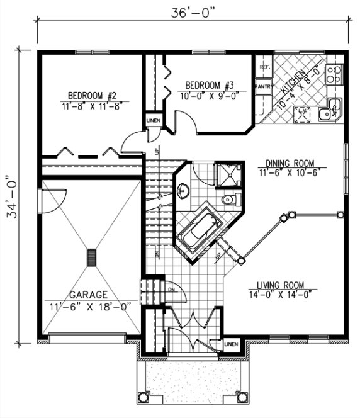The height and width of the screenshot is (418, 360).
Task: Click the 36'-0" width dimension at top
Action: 194,11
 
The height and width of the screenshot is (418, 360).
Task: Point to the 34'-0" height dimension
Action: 12,197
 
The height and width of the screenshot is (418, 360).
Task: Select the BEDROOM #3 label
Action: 210,86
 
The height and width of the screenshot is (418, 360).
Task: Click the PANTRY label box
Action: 263,84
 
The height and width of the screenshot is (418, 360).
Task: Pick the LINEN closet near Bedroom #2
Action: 152,120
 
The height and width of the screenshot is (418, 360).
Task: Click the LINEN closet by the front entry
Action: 231,344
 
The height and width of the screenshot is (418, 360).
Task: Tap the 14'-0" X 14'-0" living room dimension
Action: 281,293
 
